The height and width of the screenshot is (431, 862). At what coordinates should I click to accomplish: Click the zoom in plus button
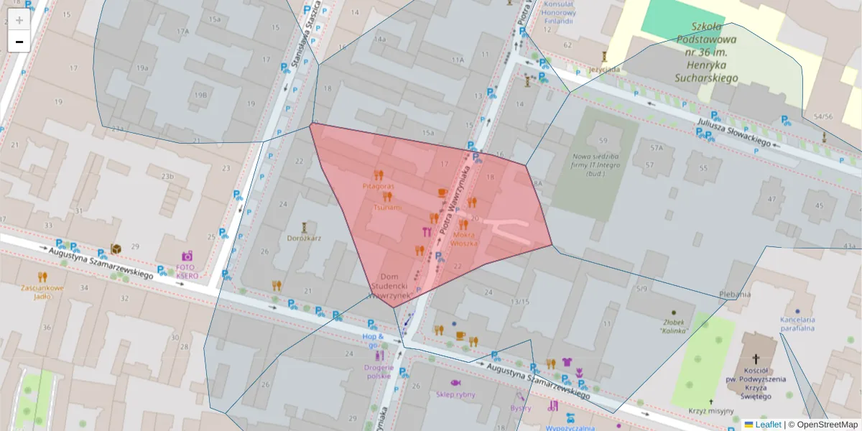click(x=19, y=20)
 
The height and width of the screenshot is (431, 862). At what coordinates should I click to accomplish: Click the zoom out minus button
click(x=19, y=42)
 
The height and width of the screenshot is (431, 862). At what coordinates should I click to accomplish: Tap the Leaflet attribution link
click(x=767, y=425)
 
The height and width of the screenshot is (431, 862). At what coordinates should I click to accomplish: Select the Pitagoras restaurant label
click(x=378, y=186)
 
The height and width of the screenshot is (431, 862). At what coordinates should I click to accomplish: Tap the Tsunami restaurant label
click(x=387, y=207)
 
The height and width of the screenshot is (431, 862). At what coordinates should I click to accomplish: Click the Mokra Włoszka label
click(x=463, y=238)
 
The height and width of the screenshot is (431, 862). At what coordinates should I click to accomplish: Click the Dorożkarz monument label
click(x=304, y=238)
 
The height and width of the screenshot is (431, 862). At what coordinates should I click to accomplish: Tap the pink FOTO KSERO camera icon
click(x=187, y=256)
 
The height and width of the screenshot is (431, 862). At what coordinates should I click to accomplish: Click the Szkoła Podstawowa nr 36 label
click(x=707, y=52)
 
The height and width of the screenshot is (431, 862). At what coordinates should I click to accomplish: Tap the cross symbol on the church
click(x=756, y=358)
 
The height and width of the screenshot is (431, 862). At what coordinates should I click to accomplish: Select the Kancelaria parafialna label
click(x=797, y=324)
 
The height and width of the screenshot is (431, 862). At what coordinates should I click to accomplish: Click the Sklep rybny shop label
click(x=455, y=394)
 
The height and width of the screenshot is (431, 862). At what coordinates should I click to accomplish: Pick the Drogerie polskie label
click(x=379, y=371)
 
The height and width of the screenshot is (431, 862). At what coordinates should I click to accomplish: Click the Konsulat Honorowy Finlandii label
click(x=558, y=12)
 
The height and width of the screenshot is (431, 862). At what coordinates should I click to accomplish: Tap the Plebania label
click(x=735, y=294)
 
